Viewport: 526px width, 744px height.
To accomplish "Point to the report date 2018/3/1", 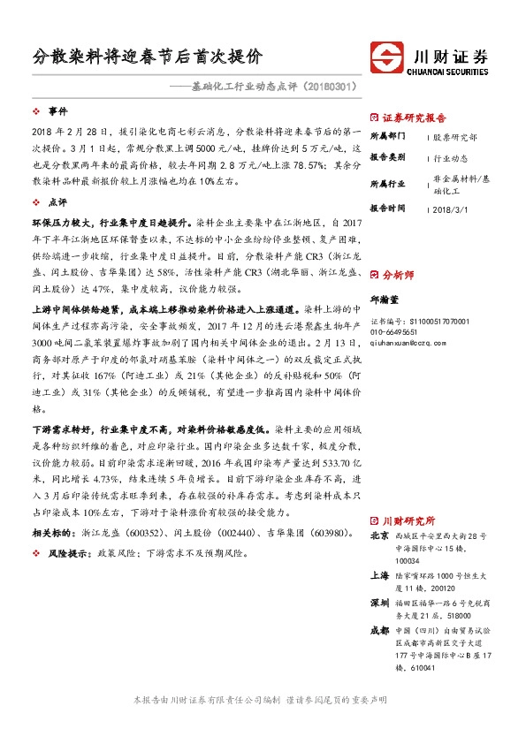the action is tap(450, 209).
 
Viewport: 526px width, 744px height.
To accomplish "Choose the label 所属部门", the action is tap(387, 137).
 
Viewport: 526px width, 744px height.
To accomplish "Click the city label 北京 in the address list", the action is tap(379, 535).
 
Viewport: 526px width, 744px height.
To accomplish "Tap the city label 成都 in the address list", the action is tap(379, 631).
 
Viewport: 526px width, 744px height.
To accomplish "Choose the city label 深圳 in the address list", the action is tap(379, 603).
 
